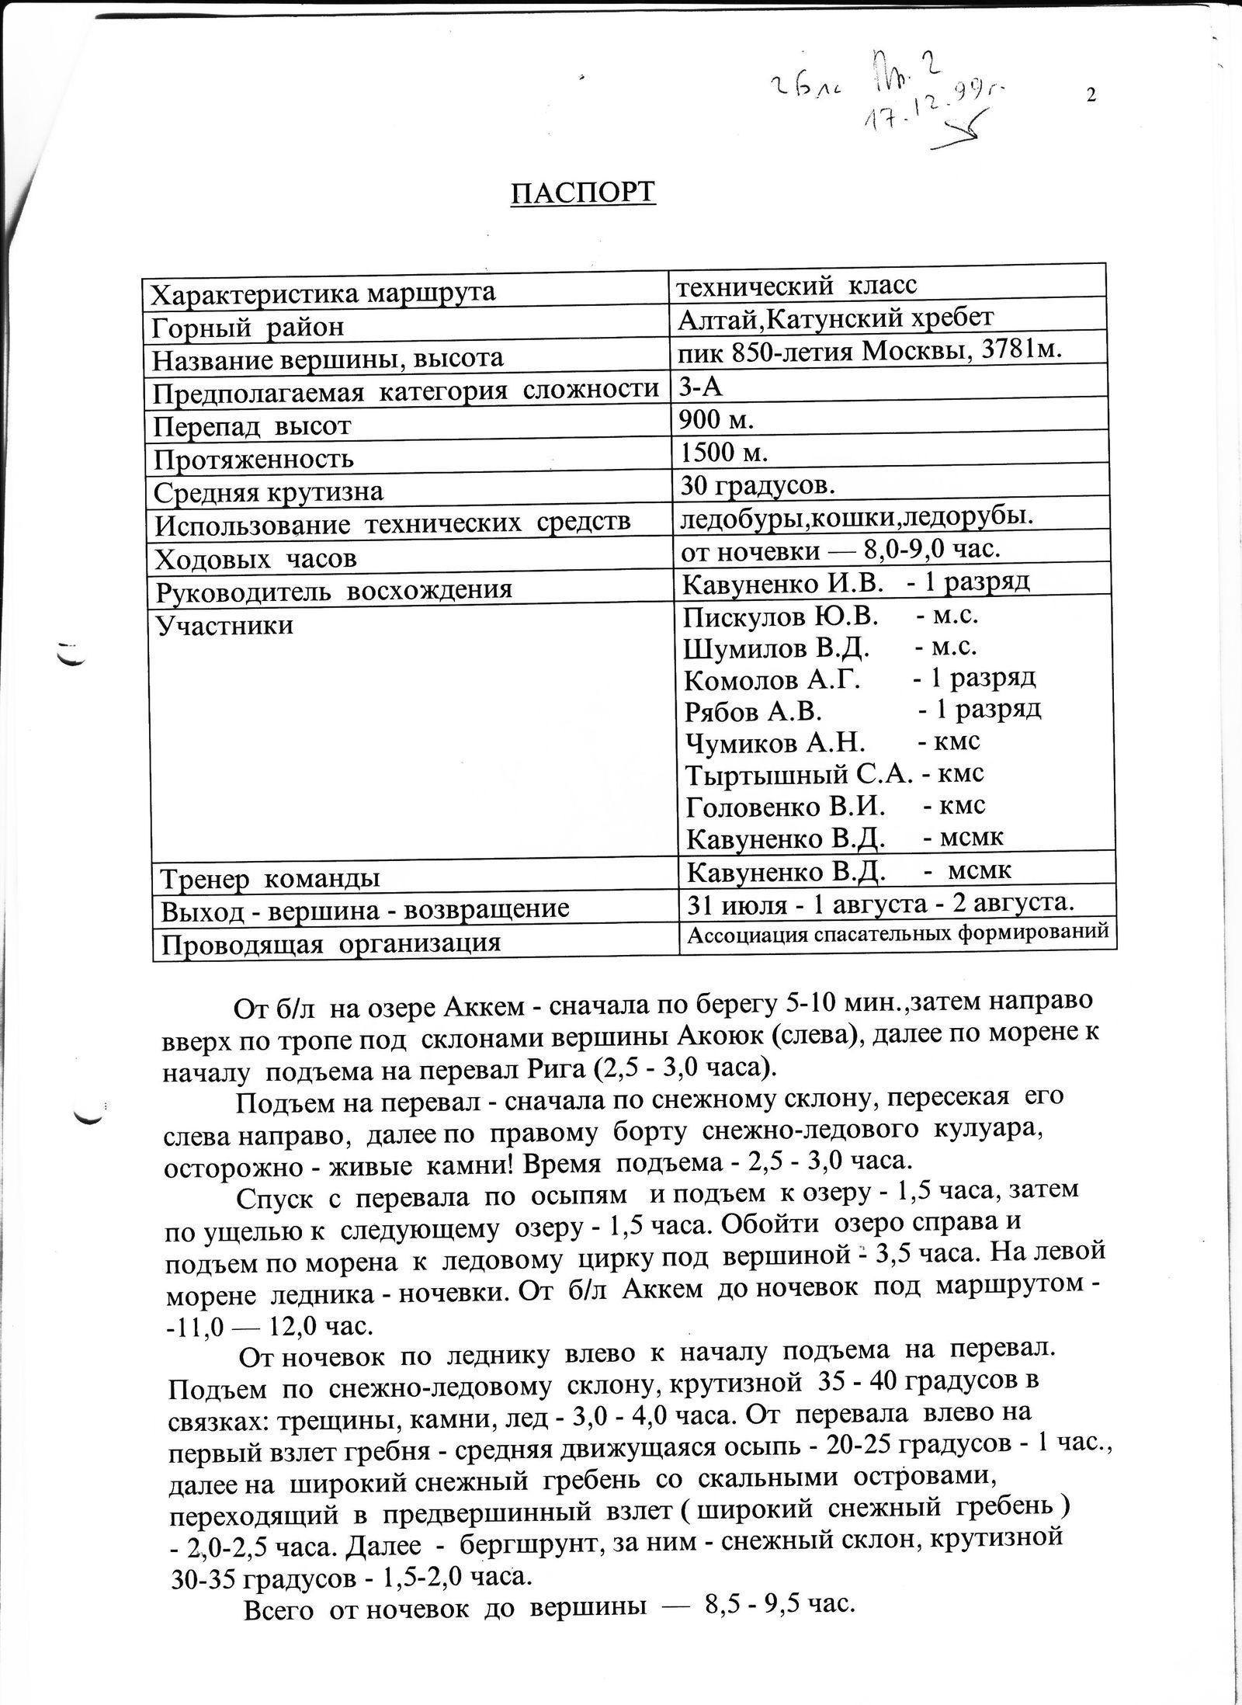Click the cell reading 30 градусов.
click(758, 486)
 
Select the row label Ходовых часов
click(256, 559)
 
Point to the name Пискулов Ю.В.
click(780, 616)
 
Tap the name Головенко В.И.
click(786, 807)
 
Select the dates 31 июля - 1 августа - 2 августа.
click(880, 904)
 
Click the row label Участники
click(224, 625)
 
